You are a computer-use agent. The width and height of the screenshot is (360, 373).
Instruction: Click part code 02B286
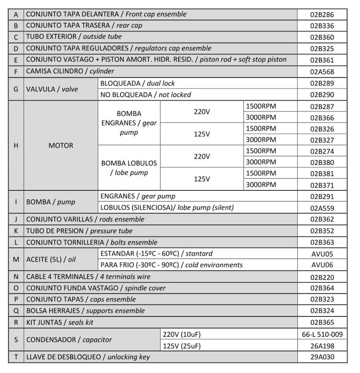click(x=322, y=14)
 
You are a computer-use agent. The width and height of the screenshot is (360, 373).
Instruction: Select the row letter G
click(x=16, y=89)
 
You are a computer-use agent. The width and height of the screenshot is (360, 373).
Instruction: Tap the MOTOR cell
click(x=61, y=145)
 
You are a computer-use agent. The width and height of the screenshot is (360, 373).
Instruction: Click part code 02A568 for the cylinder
click(x=322, y=72)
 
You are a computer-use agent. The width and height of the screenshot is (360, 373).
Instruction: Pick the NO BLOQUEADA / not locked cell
click(x=146, y=95)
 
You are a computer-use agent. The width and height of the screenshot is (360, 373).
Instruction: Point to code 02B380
click(x=322, y=162)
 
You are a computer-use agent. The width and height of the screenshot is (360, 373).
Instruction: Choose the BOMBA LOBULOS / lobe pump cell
click(x=129, y=168)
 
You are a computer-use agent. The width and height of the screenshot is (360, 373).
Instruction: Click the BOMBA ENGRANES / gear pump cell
click(x=129, y=123)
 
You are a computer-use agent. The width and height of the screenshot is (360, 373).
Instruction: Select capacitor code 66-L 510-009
click(x=322, y=334)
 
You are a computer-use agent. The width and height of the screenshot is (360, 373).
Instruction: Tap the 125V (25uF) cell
click(x=182, y=346)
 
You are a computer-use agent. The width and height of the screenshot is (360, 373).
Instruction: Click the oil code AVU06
click(x=322, y=265)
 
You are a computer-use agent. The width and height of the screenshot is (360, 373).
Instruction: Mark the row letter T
click(x=16, y=357)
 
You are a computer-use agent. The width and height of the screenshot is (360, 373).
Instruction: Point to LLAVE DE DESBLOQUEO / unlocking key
click(x=88, y=357)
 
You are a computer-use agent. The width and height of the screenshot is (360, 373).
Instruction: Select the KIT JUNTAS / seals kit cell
click(x=60, y=322)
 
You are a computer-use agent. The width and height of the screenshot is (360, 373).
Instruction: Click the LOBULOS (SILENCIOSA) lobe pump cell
click(x=167, y=208)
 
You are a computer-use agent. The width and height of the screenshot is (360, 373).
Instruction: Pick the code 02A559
click(x=322, y=208)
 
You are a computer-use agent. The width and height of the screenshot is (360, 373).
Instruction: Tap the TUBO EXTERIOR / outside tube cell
click(x=74, y=37)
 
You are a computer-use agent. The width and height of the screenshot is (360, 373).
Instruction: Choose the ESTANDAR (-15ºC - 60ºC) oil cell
click(x=156, y=253)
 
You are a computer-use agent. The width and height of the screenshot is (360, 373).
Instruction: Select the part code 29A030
click(x=322, y=357)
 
